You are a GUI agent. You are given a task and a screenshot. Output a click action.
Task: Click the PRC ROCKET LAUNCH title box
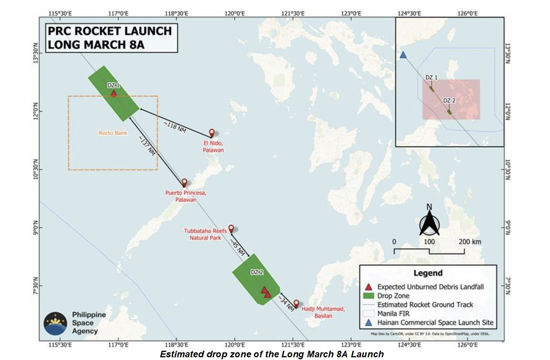pyautogui.click(x=111, y=37)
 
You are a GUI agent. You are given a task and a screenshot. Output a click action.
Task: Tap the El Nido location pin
pyautogui.click(x=212, y=133)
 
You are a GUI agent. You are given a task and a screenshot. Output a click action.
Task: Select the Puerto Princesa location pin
pyautogui.click(x=184, y=182)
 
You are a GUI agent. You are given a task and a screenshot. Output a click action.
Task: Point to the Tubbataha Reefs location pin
pyautogui.click(x=231, y=229)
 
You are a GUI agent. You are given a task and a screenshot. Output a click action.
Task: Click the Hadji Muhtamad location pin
pyautogui.click(x=296, y=304)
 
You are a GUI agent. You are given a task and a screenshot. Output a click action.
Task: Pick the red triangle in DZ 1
pyautogui.click(x=113, y=93)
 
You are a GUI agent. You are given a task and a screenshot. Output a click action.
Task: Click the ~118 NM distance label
pyautogui.click(x=175, y=127)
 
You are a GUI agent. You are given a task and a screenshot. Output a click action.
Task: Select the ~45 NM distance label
pyautogui.click(x=238, y=247)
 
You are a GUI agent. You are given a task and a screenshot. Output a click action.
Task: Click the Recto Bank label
pyautogui.click(x=113, y=133)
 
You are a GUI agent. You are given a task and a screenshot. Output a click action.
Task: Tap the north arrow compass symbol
pyautogui.click(x=429, y=221)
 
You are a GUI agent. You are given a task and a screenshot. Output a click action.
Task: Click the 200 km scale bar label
pyautogui.click(x=470, y=242)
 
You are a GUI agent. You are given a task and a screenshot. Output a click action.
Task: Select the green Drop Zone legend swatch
pyautogui.click(x=369, y=296)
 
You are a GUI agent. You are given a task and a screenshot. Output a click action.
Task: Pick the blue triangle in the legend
pyautogui.click(x=369, y=323)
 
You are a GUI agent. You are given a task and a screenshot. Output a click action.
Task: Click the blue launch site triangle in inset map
pyautogui.click(x=403, y=55)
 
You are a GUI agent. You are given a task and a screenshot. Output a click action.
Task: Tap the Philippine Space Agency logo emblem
pyautogui.click(x=55, y=323)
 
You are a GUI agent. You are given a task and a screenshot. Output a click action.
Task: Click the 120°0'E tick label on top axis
pyautogui.click(x=235, y=13)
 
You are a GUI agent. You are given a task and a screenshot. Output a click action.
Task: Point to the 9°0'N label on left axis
pyautogui.click(x=34, y=227)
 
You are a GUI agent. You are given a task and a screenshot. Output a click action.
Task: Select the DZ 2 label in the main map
pyautogui.click(x=257, y=272)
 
